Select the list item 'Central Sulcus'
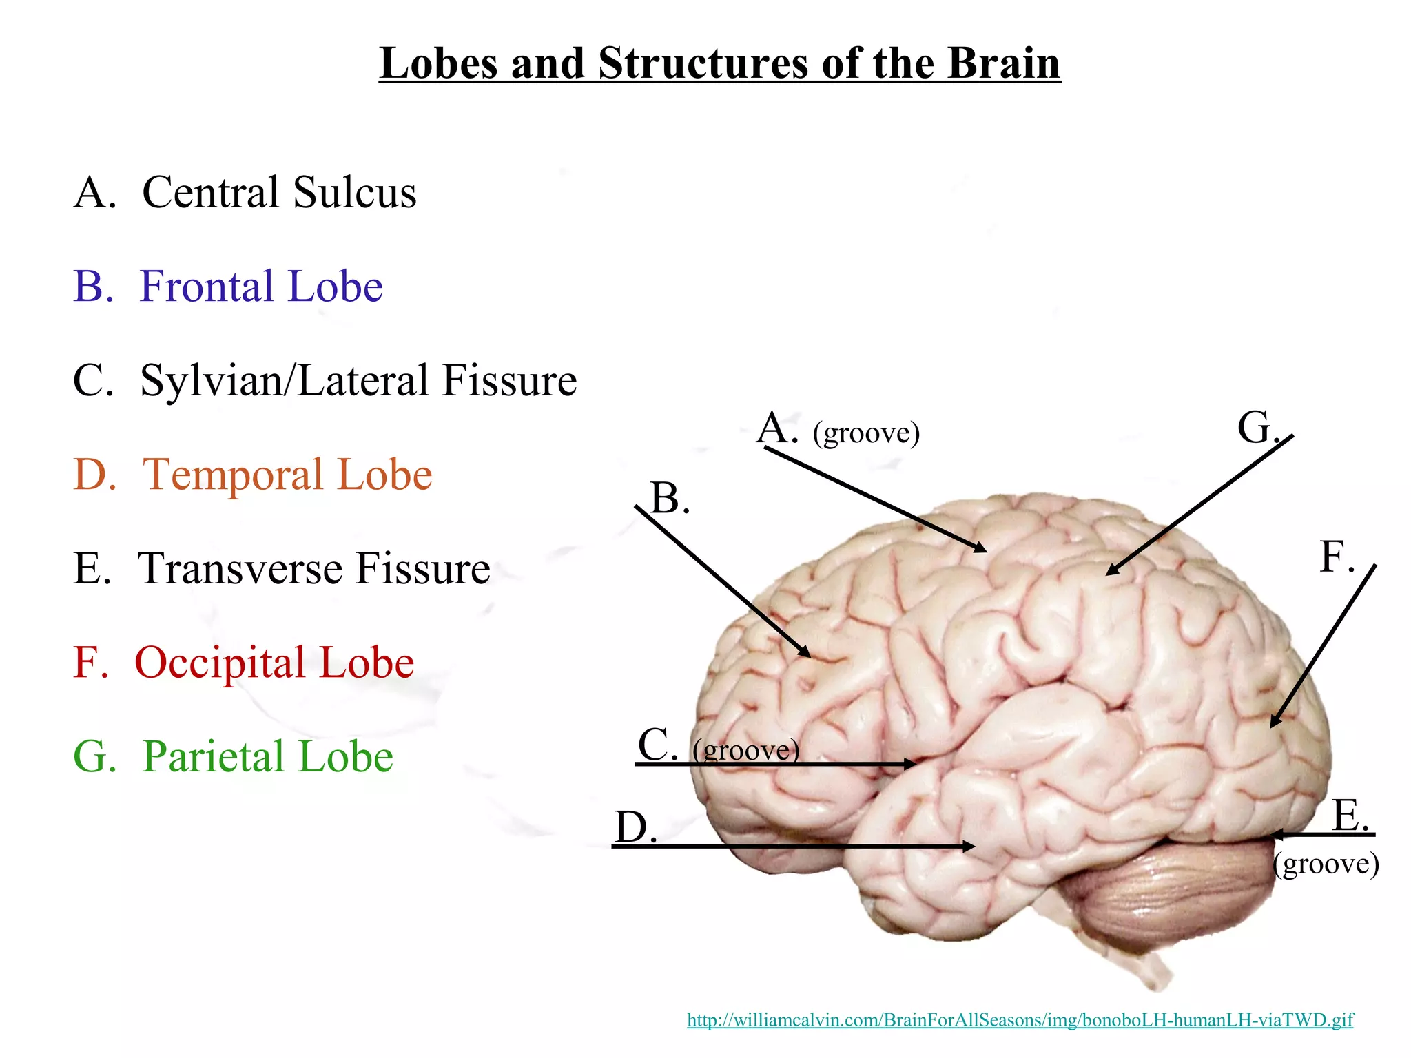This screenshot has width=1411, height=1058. [278, 192]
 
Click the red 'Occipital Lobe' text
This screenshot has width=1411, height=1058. [274, 663]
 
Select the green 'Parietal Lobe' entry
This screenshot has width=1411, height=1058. [267, 757]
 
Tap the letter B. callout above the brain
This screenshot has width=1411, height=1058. [669, 498]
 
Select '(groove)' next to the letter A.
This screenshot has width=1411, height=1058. [866, 433]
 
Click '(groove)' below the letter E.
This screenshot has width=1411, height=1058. [1326, 864]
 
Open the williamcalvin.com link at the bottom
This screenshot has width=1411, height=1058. [1020, 1019]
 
